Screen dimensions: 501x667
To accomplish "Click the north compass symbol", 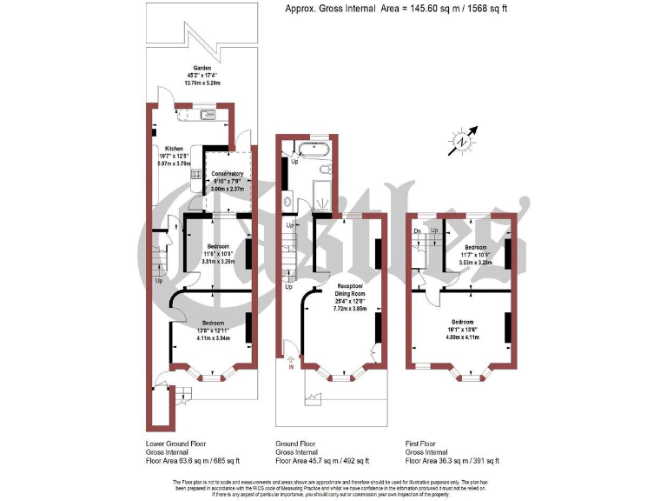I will click(x=462, y=141).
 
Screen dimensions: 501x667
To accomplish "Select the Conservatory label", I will click(x=228, y=173).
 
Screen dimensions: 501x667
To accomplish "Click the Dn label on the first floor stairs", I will click(x=418, y=230).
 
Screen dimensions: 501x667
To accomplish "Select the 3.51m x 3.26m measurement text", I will click(x=218, y=260).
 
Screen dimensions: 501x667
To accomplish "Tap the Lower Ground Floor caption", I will click(x=176, y=443).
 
